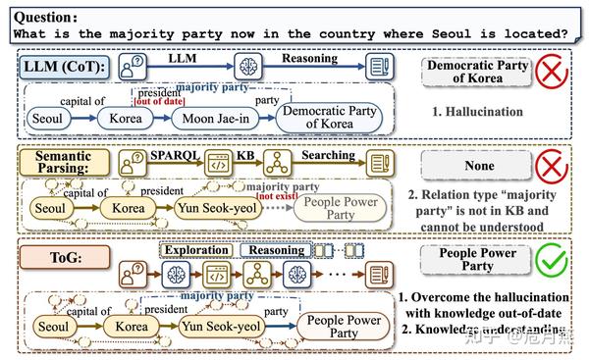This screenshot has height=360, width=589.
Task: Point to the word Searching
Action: (x=328, y=155)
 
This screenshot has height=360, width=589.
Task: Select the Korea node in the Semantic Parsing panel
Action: (x=128, y=208)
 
